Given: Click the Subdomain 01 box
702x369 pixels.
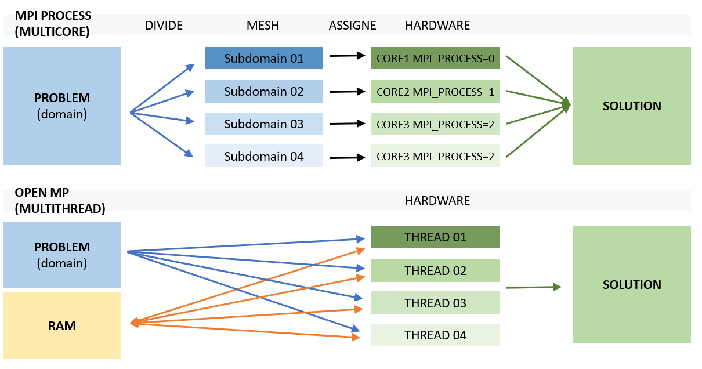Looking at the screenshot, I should (264, 59).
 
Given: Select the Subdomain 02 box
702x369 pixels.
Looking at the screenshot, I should (264, 92).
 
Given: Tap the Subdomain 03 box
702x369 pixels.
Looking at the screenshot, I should (264, 124).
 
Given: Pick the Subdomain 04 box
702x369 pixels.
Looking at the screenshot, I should (264, 157).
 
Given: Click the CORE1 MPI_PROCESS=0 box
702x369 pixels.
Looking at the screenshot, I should (435, 59).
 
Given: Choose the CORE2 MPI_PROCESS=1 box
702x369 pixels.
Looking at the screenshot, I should (435, 92).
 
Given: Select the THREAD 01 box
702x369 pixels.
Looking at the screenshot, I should (435, 237).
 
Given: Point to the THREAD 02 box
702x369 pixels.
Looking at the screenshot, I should (435, 271).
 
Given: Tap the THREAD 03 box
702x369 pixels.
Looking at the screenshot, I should (435, 303).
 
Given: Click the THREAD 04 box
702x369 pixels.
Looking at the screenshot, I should (435, 335).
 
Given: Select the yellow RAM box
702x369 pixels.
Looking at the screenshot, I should (62, 325).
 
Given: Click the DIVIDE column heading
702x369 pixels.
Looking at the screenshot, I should (164, 26).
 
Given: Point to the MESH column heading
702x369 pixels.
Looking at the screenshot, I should (263, 26).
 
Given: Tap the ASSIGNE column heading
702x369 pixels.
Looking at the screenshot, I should (352, 26).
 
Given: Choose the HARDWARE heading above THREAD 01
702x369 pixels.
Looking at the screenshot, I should (437, 201).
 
